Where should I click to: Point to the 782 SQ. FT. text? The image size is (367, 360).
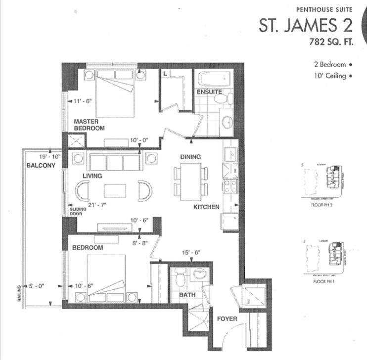pyautogui.click(x=331, y=42)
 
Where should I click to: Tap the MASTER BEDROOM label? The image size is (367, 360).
pyautogui.click(x=89, y=125)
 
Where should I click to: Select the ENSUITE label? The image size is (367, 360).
pyautogui.click(x=209, y=92)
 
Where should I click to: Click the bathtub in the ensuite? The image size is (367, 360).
pyautogui.click(x=214, y=79)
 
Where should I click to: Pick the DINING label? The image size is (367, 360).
pyautogui.click(x=190, y=157)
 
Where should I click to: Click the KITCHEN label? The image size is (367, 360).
pyautogui.click(x=206, y=207)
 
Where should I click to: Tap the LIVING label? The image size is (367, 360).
pyautogui.click(x=92, y=176)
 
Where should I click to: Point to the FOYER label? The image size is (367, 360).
pyautogui.click(x=227, y=319)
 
